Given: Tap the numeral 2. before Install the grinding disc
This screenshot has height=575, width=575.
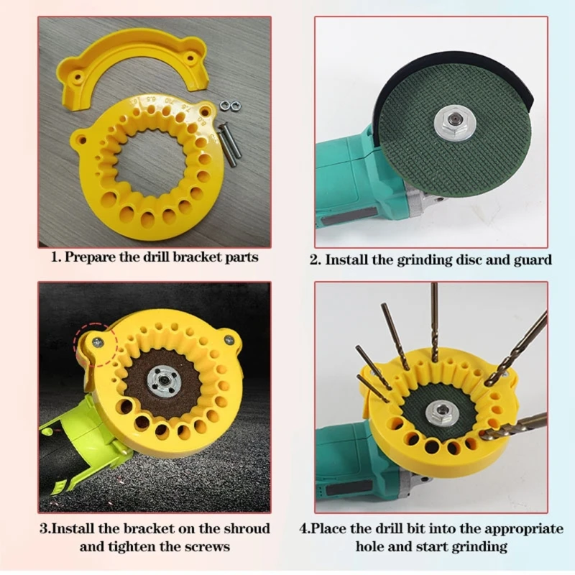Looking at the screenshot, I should tap(316, 259).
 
